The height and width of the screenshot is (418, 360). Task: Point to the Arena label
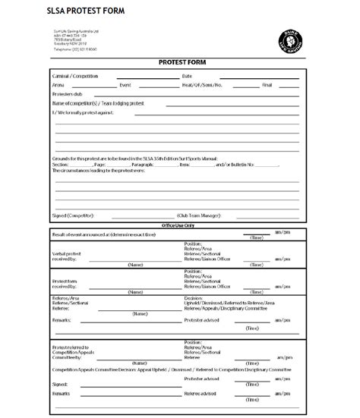pyautogui.click(x=58, y=86)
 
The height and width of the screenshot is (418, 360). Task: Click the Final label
pyautogui.click(x=267, y=86)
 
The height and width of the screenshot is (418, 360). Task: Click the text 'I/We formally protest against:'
pyautogui.click(x=83, y=112)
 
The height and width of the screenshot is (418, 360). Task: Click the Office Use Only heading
pyautogui.click(x=179, y=225)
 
